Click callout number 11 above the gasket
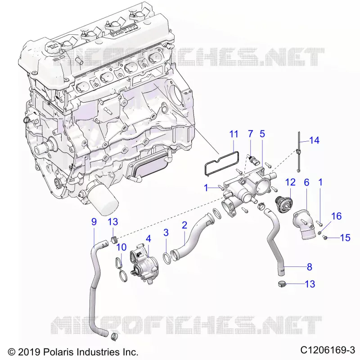point(234,134)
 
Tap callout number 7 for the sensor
point(250,134)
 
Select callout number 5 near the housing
point(262,134)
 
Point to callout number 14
point(314,140)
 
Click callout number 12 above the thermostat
point(290,182)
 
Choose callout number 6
point(307,183)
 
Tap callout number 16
point(336,216)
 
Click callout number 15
point(345,238)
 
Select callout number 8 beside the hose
point(310,267)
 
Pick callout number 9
point(94,222)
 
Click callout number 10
point(121,247)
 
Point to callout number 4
point(148,239)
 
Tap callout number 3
point(166,233)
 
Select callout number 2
point(184,225)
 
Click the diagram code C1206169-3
point(328,350)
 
